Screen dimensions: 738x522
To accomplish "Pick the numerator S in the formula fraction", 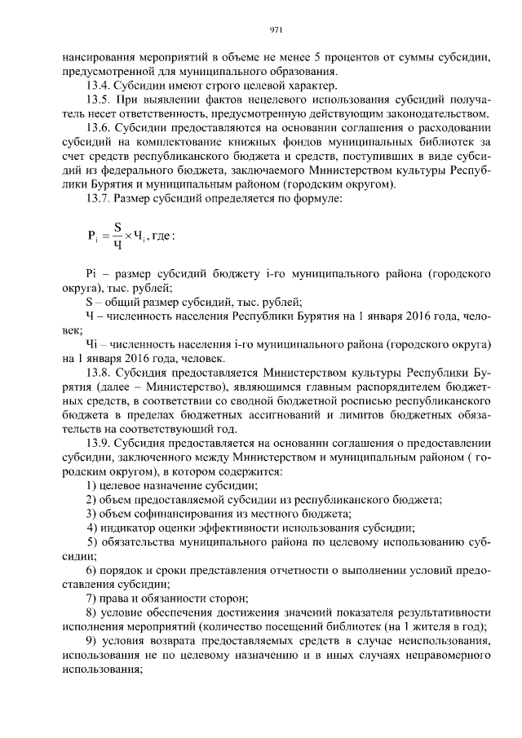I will pos(117,227).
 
